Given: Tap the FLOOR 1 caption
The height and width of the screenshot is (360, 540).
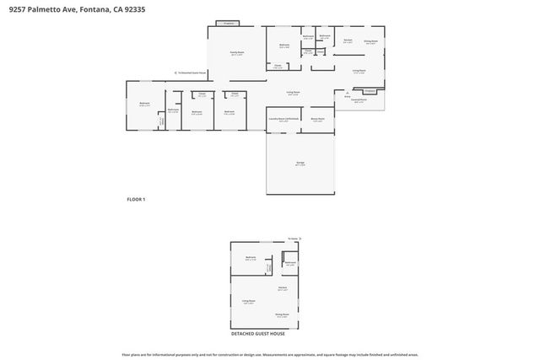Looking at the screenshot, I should click(x=136, y=199).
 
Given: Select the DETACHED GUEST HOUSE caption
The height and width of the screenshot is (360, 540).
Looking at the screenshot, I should click(x=258, y=334).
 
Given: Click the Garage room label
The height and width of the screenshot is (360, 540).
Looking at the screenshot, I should click(x=300, y=164).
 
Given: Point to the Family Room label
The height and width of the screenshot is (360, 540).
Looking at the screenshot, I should click(x=237, y=53).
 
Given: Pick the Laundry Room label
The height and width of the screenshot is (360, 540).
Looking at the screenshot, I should click(x=283, y=120).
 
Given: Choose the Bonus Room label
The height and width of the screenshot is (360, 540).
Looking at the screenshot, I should click(x=317, y=120).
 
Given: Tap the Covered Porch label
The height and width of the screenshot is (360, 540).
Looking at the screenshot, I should click(x=359, y=101).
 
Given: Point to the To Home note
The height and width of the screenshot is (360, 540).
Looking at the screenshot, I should click(x=293, y=239).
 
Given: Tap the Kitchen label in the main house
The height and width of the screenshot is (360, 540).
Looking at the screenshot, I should click(x=347, y=40).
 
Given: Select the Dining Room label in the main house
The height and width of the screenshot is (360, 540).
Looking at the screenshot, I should click(x=370, y=41).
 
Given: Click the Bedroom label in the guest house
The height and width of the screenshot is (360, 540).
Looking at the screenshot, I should click(x=251, y=257).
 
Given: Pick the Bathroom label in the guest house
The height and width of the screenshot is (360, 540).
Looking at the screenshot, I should click(x=290, y=264).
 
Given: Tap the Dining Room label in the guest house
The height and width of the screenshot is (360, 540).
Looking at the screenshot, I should click(x=282, y=315).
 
